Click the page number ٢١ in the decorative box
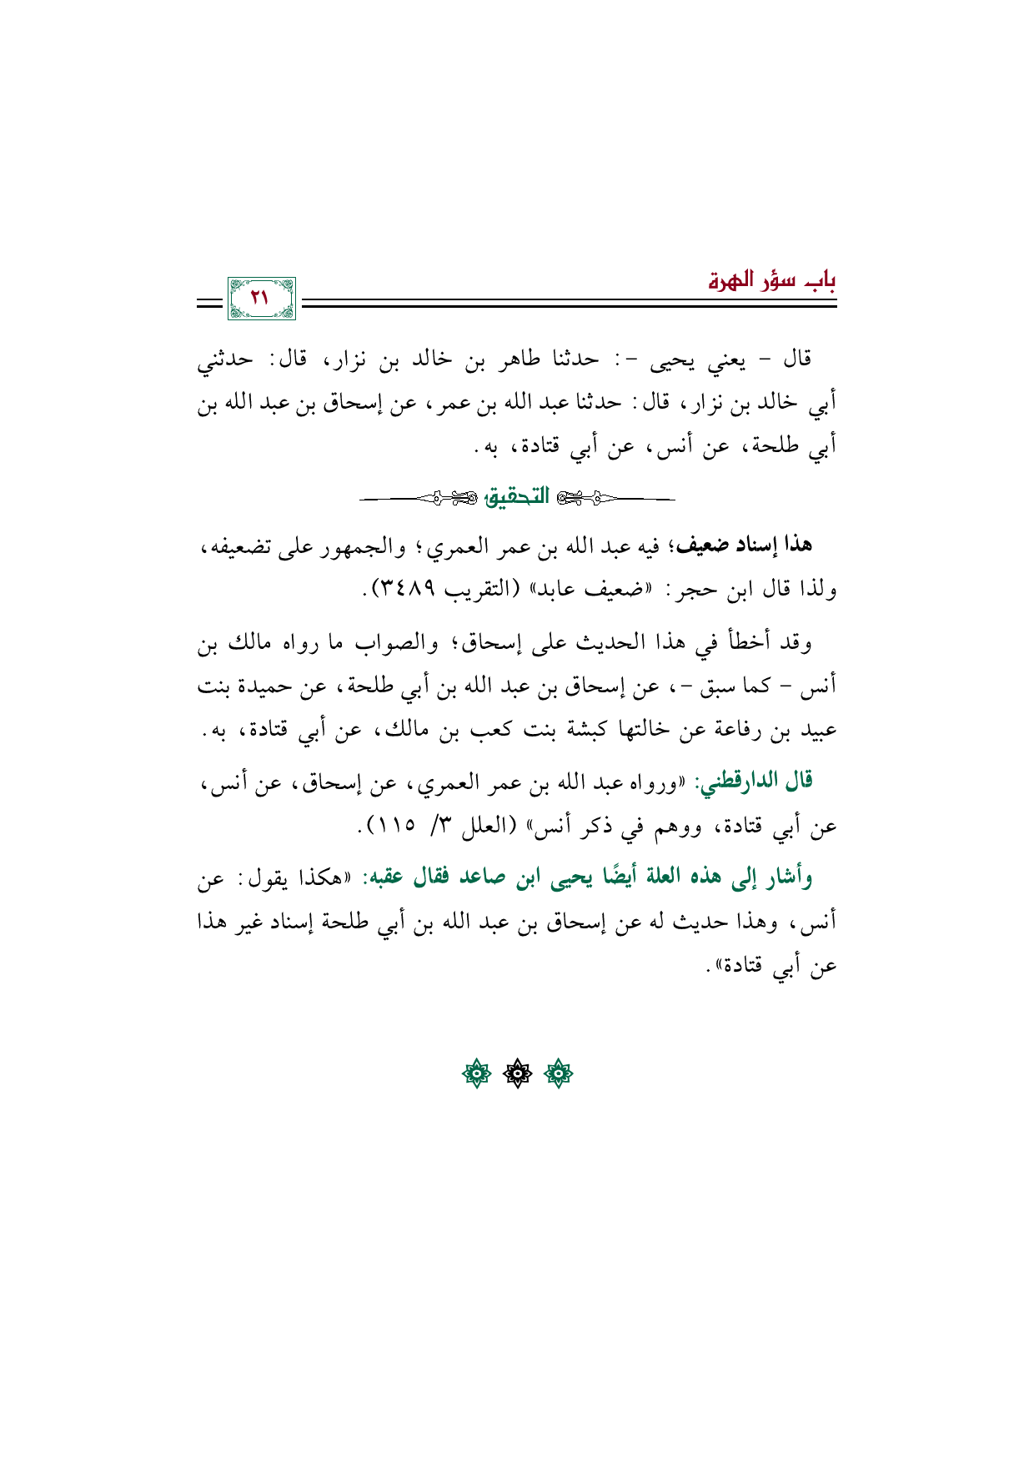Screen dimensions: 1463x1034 click(260, 298)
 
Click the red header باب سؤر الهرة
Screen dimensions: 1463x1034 click(772, 280)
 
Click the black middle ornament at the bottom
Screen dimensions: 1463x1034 click(517, 1074)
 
